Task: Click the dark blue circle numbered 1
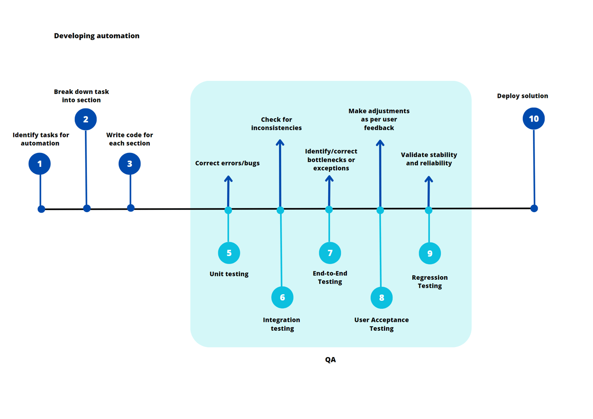(x=40, y=164)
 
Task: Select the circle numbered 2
(x=86, y=119)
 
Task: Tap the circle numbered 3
(x=130, y=164)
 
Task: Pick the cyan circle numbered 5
(x=229, y=253)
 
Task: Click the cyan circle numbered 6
(x=282, y=297)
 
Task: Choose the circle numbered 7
(x=330, y=253)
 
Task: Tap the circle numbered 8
(x=381, y=298)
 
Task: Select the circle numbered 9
(x=430, y=253)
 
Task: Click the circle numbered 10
(x=534, y=119)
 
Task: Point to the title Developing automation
(x=97, y=36)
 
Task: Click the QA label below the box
(x=330, y=360)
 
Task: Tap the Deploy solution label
(x=522, y=96)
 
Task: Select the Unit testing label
(x=229, y=274)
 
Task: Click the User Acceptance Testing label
(x=381, y=324)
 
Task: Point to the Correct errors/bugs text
(x=227, y=163)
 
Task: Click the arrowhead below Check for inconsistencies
(x=280, y=142)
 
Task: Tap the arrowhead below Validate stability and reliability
(x=429, y=179)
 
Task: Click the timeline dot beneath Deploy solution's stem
(x=534, y=208)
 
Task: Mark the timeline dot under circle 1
(x=41, y=209)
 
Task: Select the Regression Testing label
(x=430, y=282)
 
